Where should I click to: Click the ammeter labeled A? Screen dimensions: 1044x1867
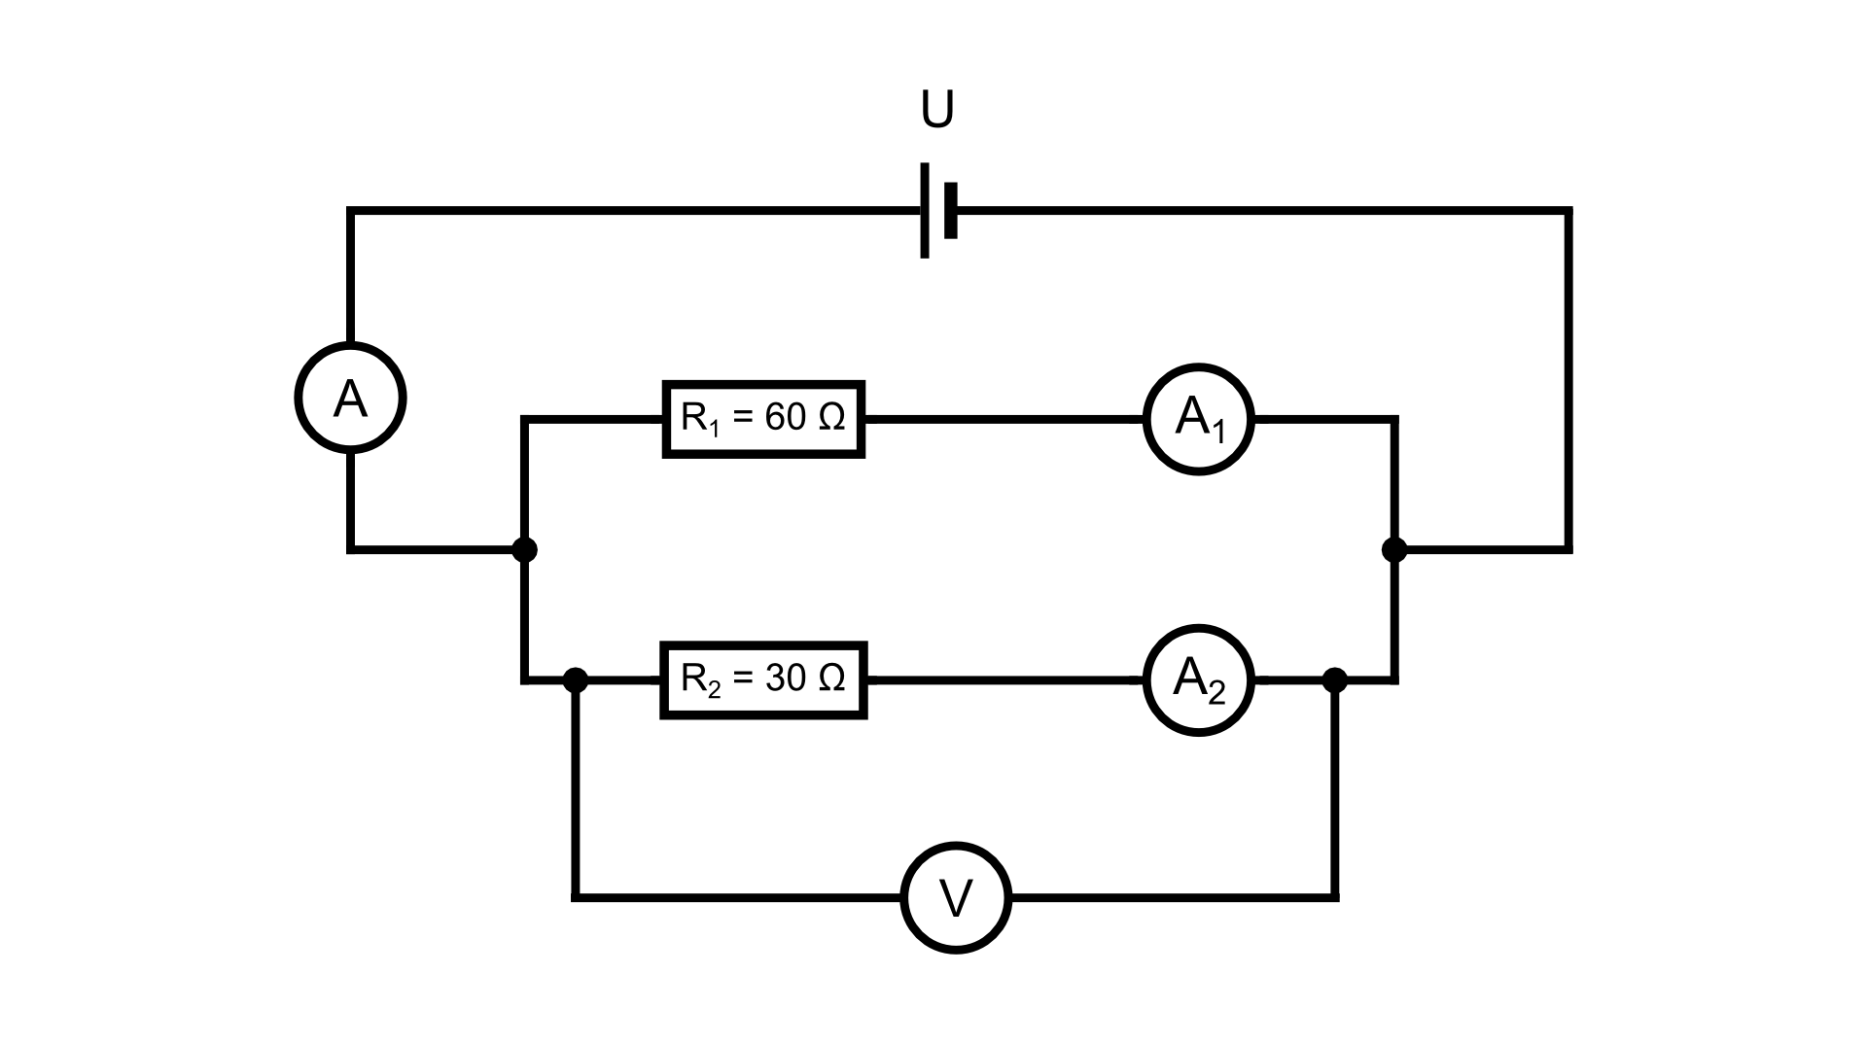[350, 398]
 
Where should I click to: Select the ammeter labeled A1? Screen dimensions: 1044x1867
[1198, 419]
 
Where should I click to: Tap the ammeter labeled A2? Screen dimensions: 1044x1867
[1198, 679]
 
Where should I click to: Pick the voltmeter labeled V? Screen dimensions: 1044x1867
[956, 897]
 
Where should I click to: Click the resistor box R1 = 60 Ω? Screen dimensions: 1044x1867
[763, 419]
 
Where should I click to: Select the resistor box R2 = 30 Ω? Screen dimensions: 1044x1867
[763, 679]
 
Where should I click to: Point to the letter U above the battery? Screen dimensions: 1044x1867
[937, 111]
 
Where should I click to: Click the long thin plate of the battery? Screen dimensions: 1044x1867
[924, 210]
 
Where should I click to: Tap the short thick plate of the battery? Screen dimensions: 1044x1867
[951, 210]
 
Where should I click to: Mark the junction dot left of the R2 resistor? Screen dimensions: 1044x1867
[576, 679]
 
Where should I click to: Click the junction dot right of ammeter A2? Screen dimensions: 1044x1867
[1336, 679]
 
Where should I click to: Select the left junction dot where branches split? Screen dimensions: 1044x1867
[524, 550]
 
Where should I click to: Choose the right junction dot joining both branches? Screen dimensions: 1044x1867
[1394, 550]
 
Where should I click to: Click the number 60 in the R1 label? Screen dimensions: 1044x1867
[786, 417]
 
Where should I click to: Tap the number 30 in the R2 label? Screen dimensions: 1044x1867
[786, 678]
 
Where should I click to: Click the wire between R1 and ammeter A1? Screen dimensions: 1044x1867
[1002, 420]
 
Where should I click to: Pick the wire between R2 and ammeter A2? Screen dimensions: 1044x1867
[1002, 680]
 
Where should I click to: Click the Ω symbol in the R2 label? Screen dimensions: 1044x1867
[831, 678]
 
